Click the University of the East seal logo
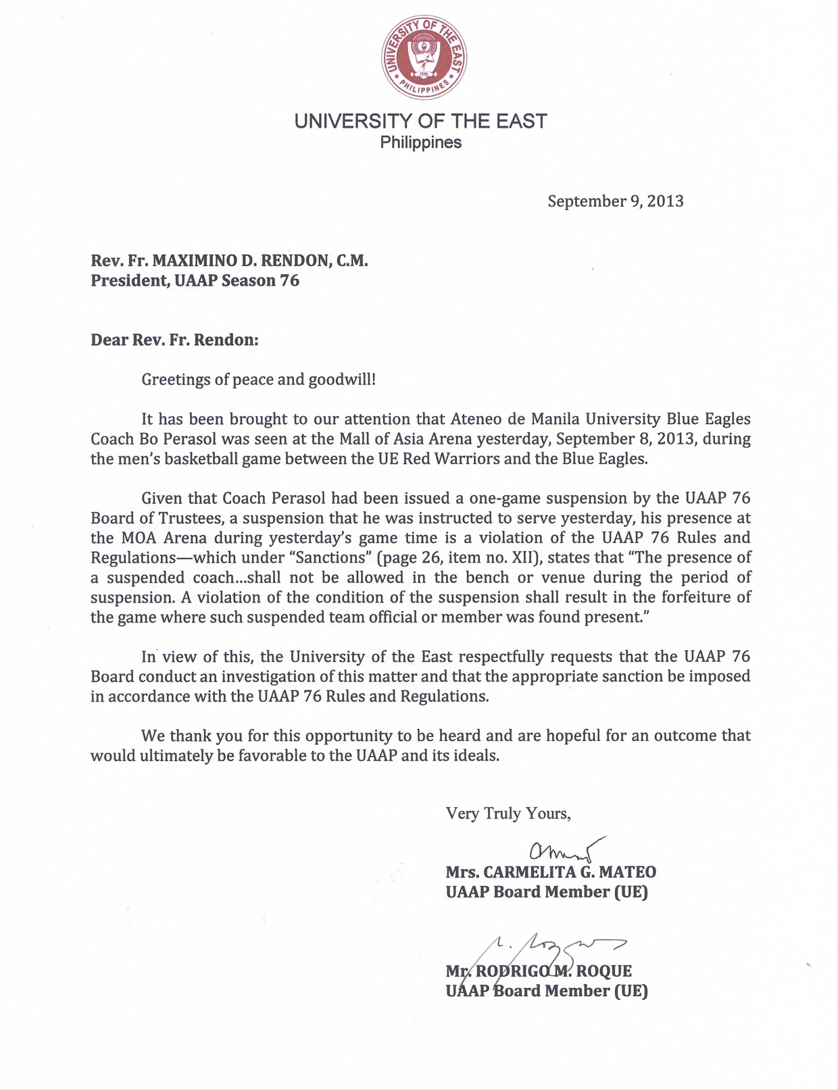(x=423, y=57)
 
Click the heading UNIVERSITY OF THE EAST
(x=420, y=122)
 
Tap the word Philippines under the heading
(x=420, y=143)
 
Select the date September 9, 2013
(x=615, y=201)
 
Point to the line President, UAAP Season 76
(x=195, y=280)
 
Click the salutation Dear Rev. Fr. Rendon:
(x=174, y=339)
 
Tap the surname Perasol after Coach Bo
(x=190, y=439)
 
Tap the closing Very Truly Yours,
(x=508, y=813)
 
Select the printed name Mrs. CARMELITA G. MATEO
(x=550, y=872)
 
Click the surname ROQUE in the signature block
(x=604, y=971)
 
